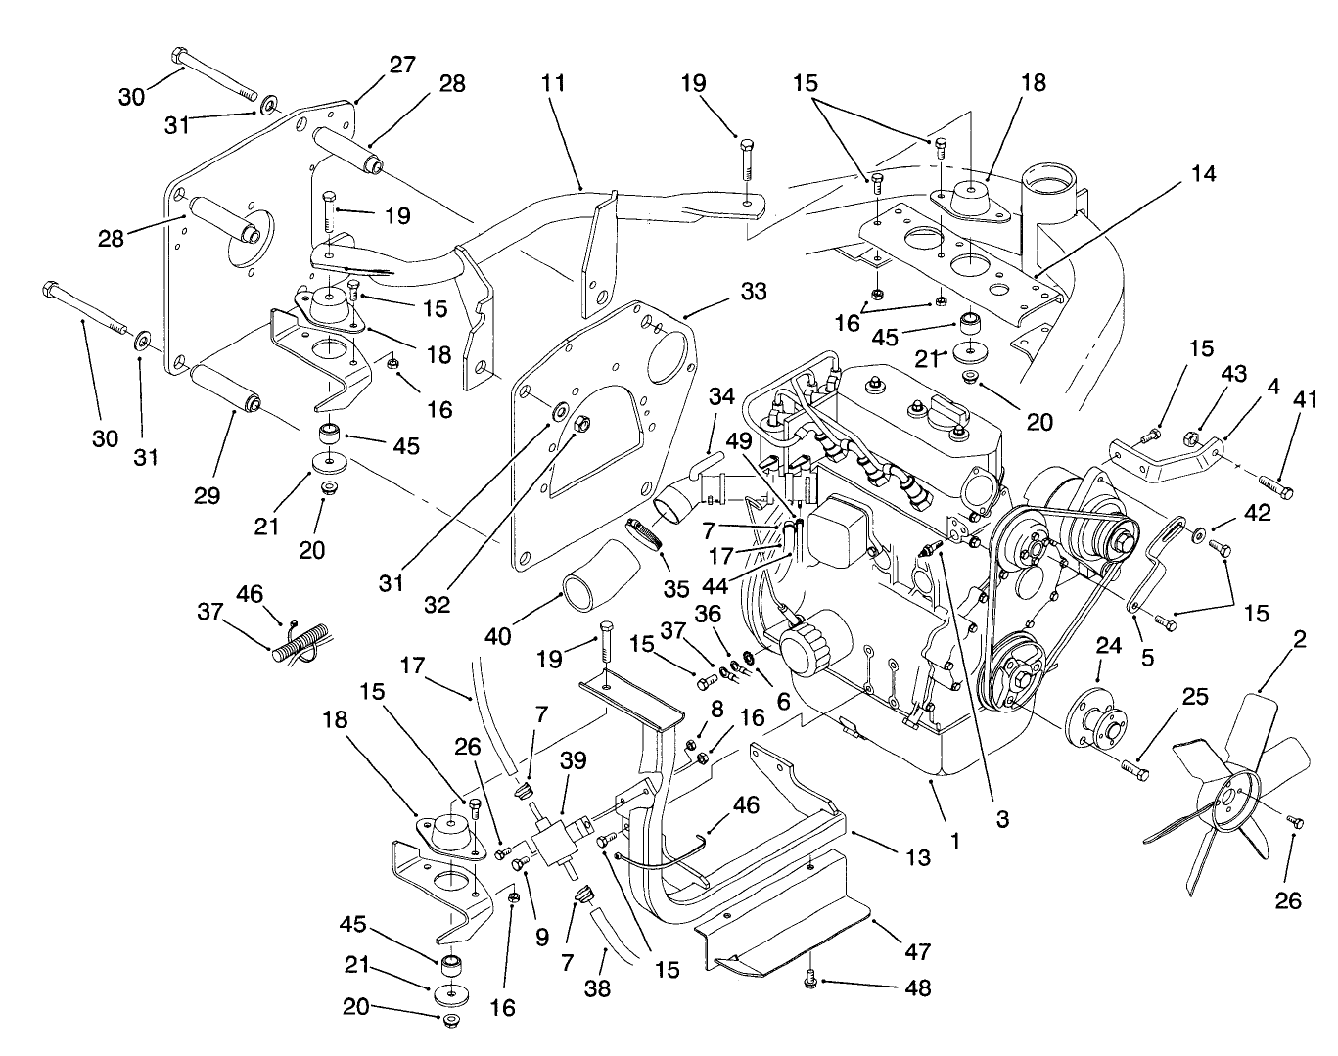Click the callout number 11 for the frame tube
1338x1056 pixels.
tap(553, 83)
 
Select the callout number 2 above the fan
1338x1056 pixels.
tap(1300, 641)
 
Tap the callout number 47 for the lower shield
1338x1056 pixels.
tap(918, 950)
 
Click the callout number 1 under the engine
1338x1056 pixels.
tap(955, 840)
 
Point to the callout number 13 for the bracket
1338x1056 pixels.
tap(918, 858)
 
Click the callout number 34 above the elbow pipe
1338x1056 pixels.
tap(721, 396)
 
